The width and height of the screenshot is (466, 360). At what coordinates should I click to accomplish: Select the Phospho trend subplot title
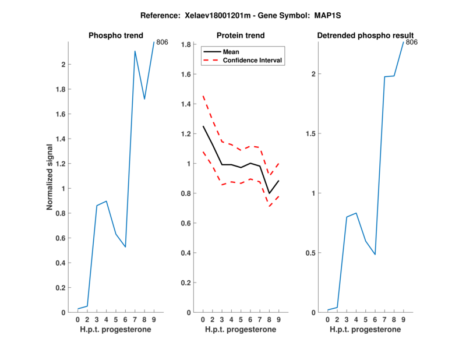(115, 36)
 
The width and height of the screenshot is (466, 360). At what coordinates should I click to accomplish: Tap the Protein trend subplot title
(240, 36)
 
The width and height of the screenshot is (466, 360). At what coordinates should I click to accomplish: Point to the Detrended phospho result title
(365, 36)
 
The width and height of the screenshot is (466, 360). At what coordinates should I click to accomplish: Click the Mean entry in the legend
(231, 51)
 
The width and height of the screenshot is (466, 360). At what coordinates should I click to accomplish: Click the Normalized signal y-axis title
(50, 177)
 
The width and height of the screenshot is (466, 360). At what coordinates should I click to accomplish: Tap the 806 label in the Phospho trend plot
(162, 42)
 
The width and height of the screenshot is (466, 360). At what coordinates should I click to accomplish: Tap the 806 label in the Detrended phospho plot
(412, 42)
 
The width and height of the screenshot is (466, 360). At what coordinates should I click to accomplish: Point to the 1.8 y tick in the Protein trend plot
(187, 44)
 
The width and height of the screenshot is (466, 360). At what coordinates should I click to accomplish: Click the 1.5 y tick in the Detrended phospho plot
(312, 134)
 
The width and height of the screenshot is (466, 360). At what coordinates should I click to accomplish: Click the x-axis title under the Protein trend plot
(240, 330)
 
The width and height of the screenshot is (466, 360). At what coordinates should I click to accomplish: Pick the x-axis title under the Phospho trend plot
(115, 330)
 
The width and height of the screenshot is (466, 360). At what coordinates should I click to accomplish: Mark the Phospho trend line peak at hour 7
(135, 51)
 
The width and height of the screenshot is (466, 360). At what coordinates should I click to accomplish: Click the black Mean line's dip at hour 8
(269, 193)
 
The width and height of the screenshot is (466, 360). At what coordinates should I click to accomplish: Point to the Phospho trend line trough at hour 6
(125, 247)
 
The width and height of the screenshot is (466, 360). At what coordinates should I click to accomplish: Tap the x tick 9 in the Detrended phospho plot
(403, 319)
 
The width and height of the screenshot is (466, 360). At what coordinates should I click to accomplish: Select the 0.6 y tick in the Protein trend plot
(187, 223)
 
